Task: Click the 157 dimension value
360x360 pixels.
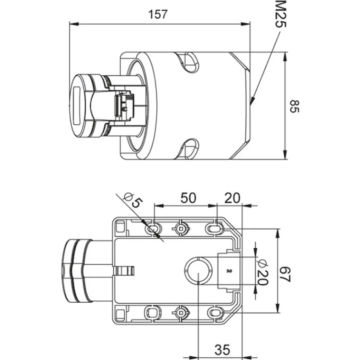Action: click(158, 14)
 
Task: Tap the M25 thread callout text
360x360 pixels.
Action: click(281, 14)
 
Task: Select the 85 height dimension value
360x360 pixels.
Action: click(294, 106)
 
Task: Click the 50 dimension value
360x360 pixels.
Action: click(188, 198)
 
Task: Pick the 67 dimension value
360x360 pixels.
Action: click(286, 274)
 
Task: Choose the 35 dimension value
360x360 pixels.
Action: click(222, 350)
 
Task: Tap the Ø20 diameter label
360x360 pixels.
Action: click(262, 272)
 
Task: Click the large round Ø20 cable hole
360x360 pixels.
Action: click(198, 270)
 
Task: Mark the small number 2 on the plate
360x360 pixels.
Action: click(228, 271)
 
